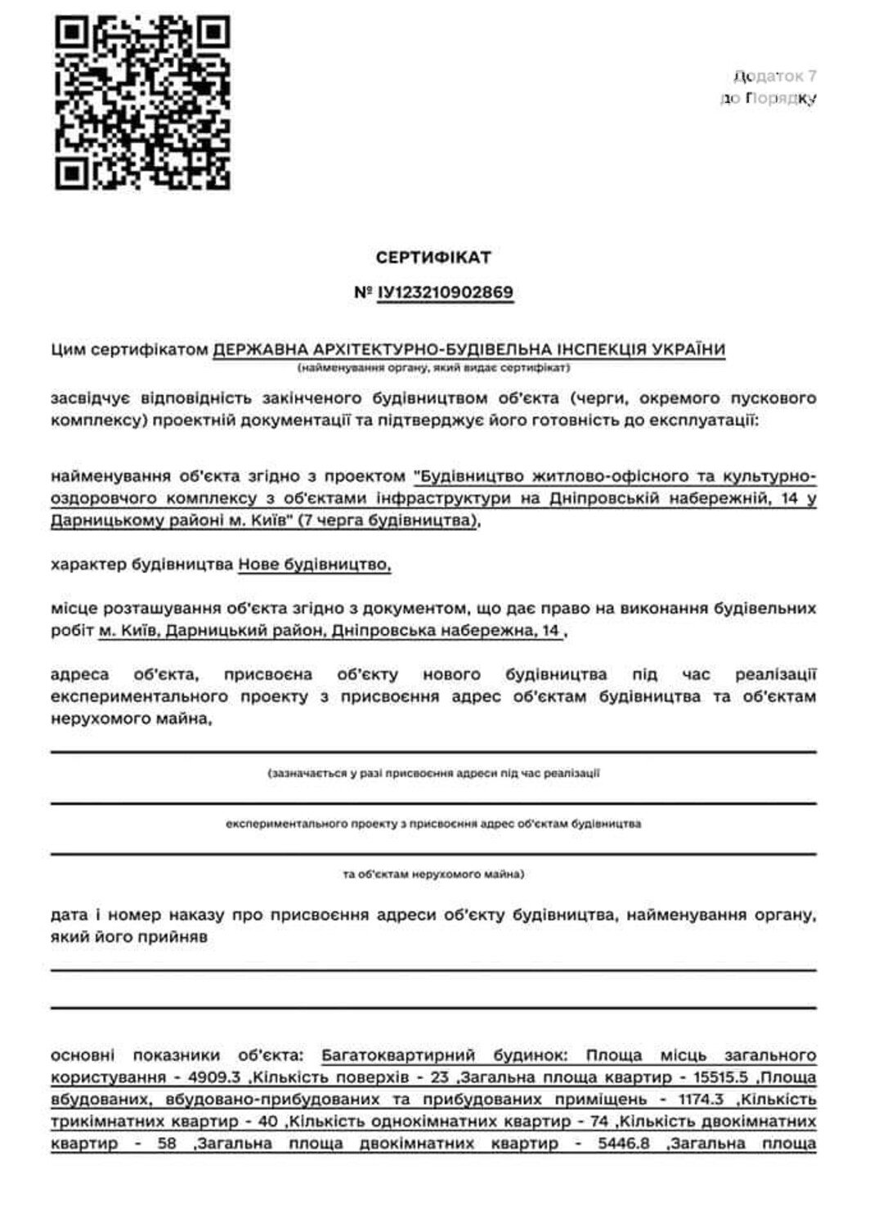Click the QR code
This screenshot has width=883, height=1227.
tap(142, 103)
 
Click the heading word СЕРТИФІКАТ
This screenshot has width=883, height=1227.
tap(433, 258)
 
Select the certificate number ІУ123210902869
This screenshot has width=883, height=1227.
tap(446, 293)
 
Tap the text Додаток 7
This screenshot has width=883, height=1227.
tap(775, 77)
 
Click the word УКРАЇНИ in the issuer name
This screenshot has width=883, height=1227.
tap(688, 350)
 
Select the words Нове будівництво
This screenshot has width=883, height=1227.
tap(314, 564)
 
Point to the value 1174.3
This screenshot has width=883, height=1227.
tap(701, 1099)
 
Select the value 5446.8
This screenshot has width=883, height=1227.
tap(624, 1144)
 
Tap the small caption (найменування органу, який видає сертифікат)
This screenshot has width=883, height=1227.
tap(433, 368)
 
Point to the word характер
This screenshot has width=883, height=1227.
tap(87, 564)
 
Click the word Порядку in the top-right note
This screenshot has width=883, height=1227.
tap(781, 99)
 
